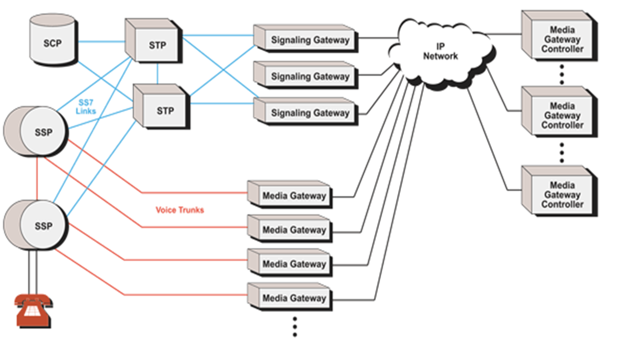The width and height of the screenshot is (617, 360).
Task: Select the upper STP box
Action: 154,42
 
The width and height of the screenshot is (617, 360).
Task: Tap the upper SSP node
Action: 39,132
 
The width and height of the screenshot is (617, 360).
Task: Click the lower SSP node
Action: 39,225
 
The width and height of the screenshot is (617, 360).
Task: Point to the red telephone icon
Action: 33,310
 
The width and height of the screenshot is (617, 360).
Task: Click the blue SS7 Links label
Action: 86,107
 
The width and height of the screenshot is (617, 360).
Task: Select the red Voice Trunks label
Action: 180,210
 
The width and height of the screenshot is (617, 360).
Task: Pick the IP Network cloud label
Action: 440,52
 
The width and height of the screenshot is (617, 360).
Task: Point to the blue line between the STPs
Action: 158,73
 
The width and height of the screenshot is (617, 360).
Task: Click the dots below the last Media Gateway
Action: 295,327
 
